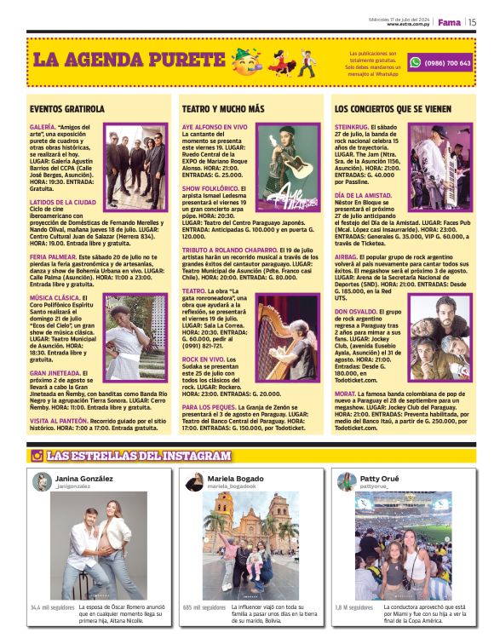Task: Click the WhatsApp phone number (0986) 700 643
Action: [447, 62]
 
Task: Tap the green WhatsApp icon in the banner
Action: [415, 62]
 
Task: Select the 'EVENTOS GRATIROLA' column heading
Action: [67, 109]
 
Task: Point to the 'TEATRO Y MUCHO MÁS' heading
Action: [223, 109]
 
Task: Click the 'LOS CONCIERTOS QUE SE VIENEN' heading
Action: [393, 109]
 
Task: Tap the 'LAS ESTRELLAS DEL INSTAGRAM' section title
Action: [138, 456]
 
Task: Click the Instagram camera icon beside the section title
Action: [37, 456]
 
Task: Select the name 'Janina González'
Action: [83, 479]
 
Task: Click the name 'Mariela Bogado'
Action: [235, 479]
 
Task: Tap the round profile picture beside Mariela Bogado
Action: [193, 482]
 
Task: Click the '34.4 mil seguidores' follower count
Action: [53, 607]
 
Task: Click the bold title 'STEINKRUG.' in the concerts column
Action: [352, 127]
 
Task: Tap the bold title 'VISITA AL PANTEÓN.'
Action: [65, 421]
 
